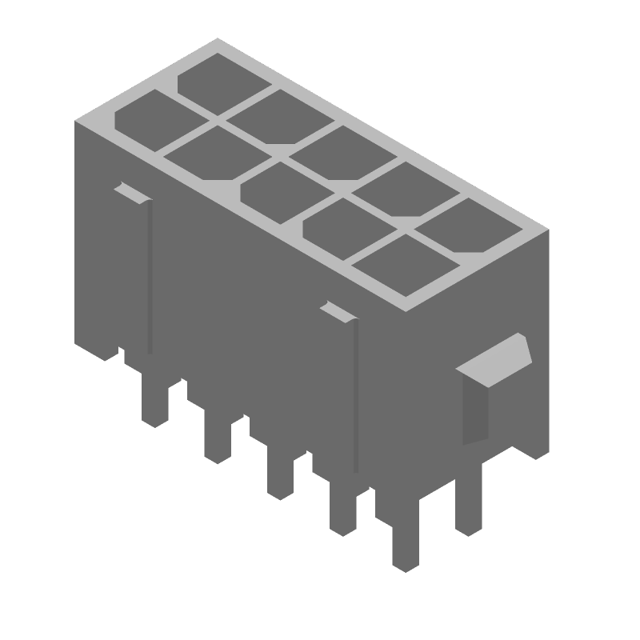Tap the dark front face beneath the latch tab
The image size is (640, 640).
(474, 410)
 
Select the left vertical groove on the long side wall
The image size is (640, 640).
(150, 276)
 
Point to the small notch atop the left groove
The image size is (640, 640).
(130, 191)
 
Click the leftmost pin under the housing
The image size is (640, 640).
(154, 404)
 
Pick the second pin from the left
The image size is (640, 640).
(217, 440)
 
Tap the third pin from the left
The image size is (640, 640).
(280, 478)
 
